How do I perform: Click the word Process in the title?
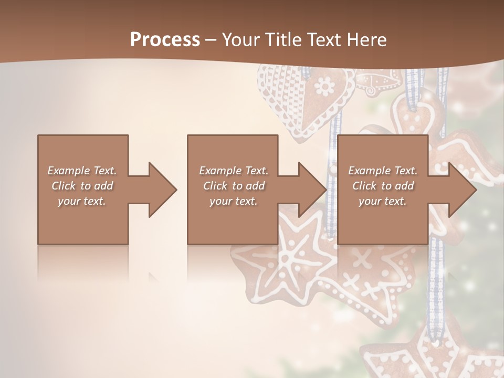coord(165,40)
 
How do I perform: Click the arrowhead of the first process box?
coord(163,190)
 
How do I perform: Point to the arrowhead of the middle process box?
coord(312,190)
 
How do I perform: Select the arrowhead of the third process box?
coord(462,190)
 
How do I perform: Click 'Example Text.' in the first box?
coord(82,171)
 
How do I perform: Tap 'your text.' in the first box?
coord(82,201)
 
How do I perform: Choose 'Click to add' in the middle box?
coord(234,186)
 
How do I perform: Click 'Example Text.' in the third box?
coord(383,171)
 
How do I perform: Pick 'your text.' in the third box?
coord(383,201)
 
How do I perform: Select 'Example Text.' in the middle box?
coord(234,171)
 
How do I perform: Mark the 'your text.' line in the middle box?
coord(234,201)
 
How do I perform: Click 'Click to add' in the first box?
coord(82,186)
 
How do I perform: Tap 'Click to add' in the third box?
coord(383,186)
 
